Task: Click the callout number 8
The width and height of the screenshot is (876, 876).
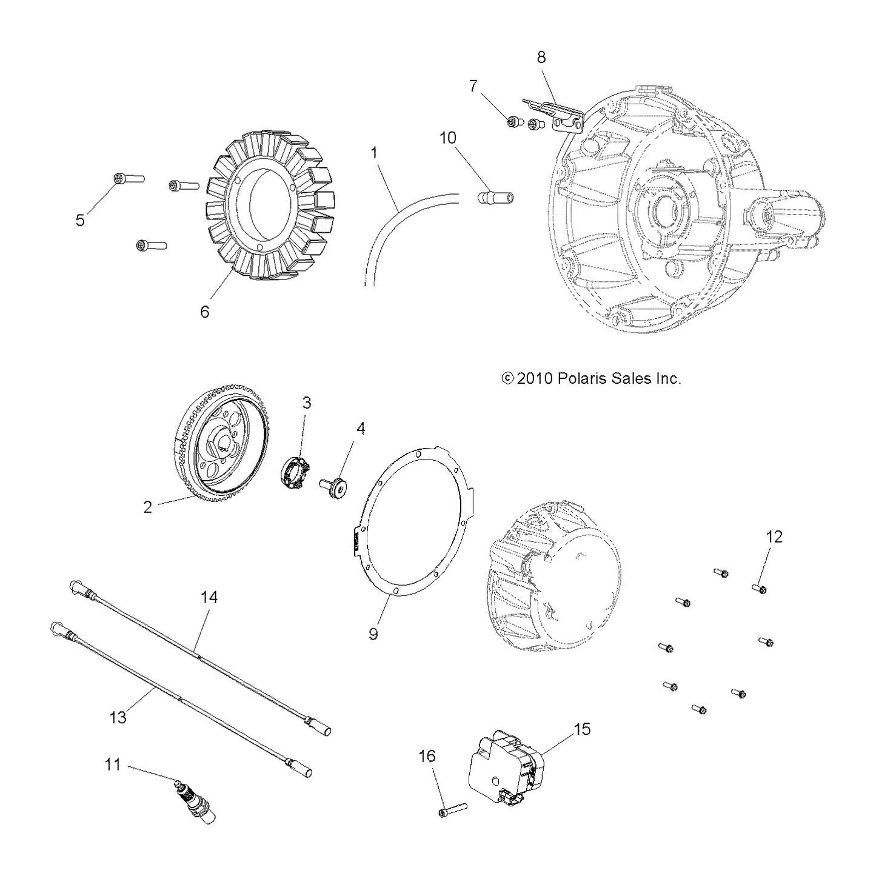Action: (x=541, y=58)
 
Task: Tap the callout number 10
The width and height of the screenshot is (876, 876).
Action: (x=448, y=138)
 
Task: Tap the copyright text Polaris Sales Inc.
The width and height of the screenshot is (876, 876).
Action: (x=617, y=379)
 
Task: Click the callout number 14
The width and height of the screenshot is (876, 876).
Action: (x=209, y=597)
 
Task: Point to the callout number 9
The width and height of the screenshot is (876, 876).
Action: (x=373, y=634)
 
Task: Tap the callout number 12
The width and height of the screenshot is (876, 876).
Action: (x=775, y=537)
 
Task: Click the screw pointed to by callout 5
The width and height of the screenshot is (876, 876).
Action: (x=128, y=179)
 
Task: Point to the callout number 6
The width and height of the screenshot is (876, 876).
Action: (x=204, y=312)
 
